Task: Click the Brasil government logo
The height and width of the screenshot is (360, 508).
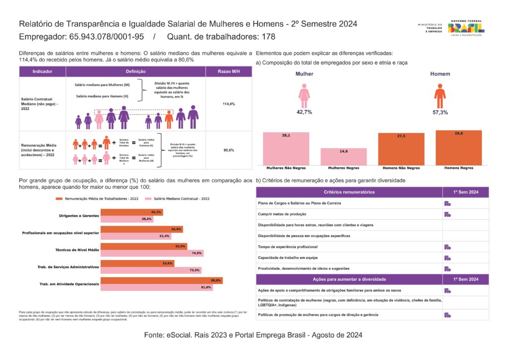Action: click(466, 28)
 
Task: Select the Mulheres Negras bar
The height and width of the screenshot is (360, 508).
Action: click(343, 156)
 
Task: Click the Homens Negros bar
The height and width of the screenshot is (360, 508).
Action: click(458, 147)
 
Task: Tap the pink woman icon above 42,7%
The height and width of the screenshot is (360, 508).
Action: click(304, 95)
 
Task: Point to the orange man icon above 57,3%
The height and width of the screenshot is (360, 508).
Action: click(440, 95)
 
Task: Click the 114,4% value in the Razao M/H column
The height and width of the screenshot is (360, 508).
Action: click(229, 104)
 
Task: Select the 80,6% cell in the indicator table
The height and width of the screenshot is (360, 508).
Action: click(229, 150)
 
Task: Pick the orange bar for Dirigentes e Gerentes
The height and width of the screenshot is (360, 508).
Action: click(131, 213)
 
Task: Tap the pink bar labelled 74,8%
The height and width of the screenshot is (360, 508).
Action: click(152, 253)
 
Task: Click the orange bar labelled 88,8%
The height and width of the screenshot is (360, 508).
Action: click(161, 281)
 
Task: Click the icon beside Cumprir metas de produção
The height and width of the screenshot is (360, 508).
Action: click(447, 215)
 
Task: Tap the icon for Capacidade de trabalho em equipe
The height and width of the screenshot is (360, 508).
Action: click(447, 258)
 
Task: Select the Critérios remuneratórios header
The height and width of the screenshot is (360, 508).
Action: click(349, 192)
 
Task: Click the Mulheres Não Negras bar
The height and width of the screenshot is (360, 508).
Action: click(286, 148)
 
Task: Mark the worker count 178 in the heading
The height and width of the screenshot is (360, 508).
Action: click(268, 37)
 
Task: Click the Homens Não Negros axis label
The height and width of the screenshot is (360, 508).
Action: click(401, 168)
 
